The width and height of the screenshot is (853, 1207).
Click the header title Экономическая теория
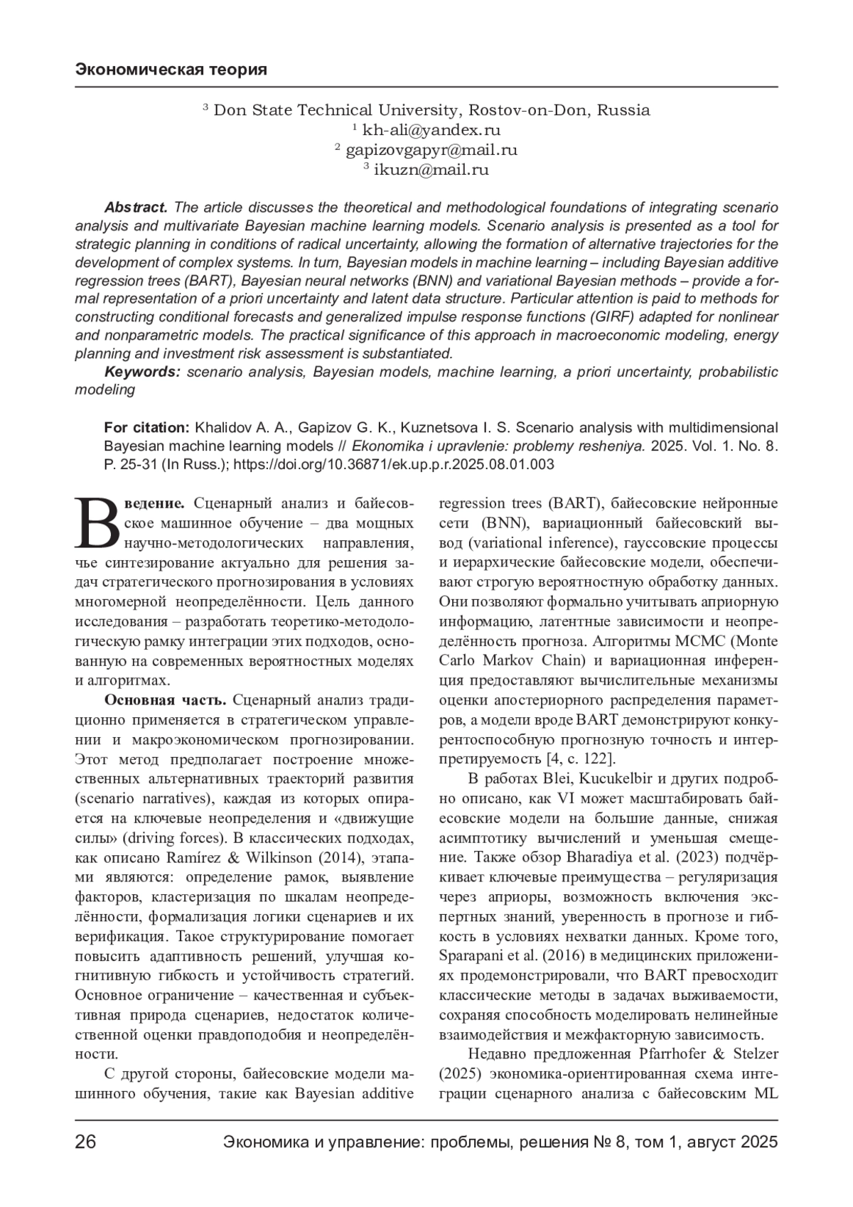click(x=171, y=70)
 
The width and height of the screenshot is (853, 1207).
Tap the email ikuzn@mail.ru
click(x=431, y=170)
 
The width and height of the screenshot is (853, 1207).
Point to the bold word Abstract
click(x=136, y=208)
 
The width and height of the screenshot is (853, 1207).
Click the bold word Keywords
click(x=142, y=372)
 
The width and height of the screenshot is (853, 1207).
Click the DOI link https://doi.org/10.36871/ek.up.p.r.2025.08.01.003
click(x=394, y=465)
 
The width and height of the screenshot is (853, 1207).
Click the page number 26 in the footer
click(x=86, y=1143)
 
